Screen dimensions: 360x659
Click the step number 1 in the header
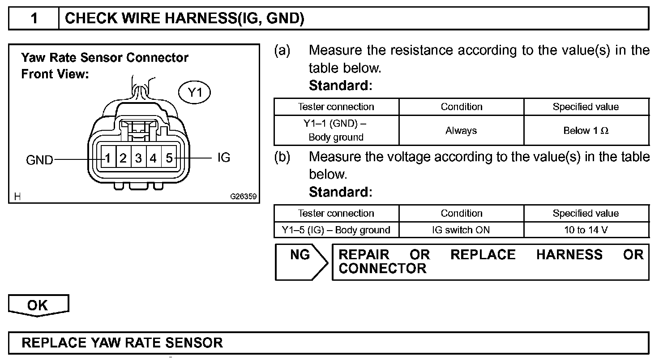(34, 18)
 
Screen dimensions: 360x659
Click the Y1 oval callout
(195, 93)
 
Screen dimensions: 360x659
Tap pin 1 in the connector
(108, 158)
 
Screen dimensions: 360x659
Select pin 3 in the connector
(139, 158)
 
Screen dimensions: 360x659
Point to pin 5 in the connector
(169, 158)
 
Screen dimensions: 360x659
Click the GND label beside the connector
(40, 160)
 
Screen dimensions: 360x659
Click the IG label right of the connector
(223, 158)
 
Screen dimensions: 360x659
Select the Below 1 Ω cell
(586, 131)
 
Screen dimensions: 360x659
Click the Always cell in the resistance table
(461, 131)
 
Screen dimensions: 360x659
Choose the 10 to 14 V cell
(586, 230)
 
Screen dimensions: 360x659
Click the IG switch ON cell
(461, 230)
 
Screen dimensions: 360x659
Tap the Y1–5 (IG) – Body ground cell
(336, 230)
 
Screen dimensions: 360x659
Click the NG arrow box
(300, 261)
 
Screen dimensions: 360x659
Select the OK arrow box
(38, 305)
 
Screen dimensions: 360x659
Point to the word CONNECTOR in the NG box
(382, 269)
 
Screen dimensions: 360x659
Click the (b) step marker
(282, 157)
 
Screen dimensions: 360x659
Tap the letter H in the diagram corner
(17, 196)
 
